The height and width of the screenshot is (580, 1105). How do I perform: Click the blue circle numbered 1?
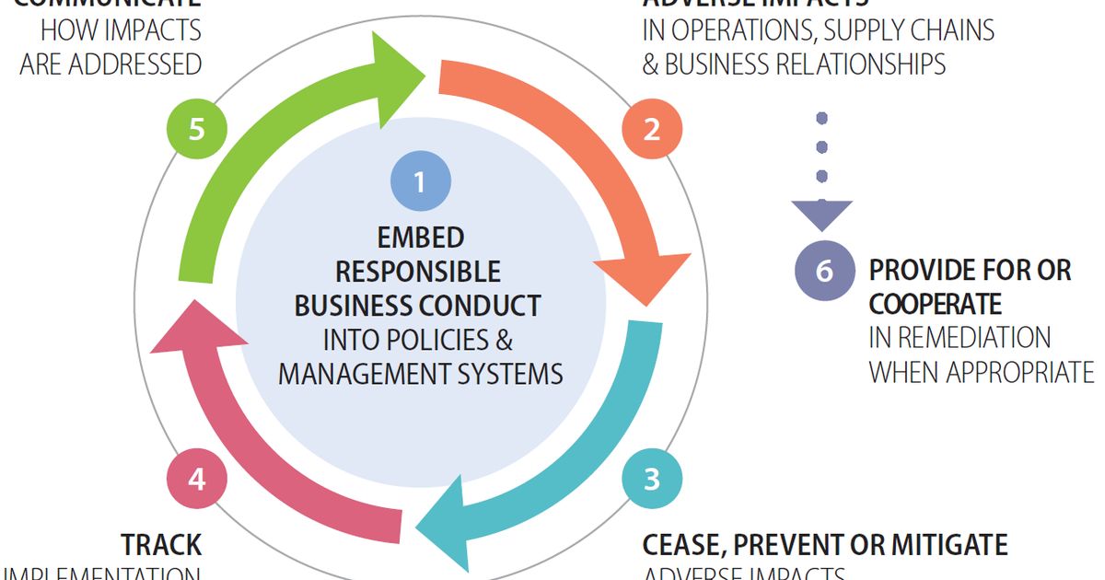tap(420, 181)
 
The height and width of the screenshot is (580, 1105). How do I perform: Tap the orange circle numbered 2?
tap(652, 129)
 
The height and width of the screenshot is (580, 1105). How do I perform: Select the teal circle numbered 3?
tap(652, 479)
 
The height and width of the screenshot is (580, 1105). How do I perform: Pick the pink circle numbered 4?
tap(196, 479)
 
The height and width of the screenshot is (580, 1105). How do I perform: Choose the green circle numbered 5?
tap(196, 129)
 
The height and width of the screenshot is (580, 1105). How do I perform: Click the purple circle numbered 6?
tap(824, 271)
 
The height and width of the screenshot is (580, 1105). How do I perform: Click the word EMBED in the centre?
tap(420, 238)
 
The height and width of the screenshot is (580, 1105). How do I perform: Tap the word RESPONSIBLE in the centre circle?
tap(418, 272)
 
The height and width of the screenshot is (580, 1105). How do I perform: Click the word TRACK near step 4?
tap(161, 544)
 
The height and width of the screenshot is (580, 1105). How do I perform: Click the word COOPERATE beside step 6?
tap(935, 304)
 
